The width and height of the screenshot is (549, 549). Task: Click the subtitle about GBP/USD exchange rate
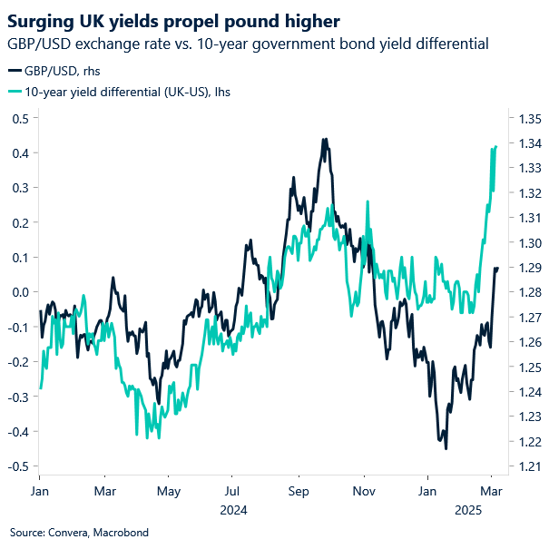tap(248, 43)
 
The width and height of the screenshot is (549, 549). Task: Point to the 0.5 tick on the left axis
tap(19, 118)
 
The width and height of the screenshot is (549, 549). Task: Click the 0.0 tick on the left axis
tap(19, 292)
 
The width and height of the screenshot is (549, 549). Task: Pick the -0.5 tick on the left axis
tap(17, 466)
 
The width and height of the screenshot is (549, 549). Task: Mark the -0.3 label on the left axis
tap(17, 397)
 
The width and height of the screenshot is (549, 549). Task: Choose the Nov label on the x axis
tap(364, 490)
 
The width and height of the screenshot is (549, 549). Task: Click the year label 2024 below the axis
tap(234, 510)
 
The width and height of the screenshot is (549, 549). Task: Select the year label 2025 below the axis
tap(468, 510)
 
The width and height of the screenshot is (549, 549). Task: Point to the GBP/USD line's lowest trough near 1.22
tap(446, 447)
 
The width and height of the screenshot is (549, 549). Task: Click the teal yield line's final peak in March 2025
tap(495, 146)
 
